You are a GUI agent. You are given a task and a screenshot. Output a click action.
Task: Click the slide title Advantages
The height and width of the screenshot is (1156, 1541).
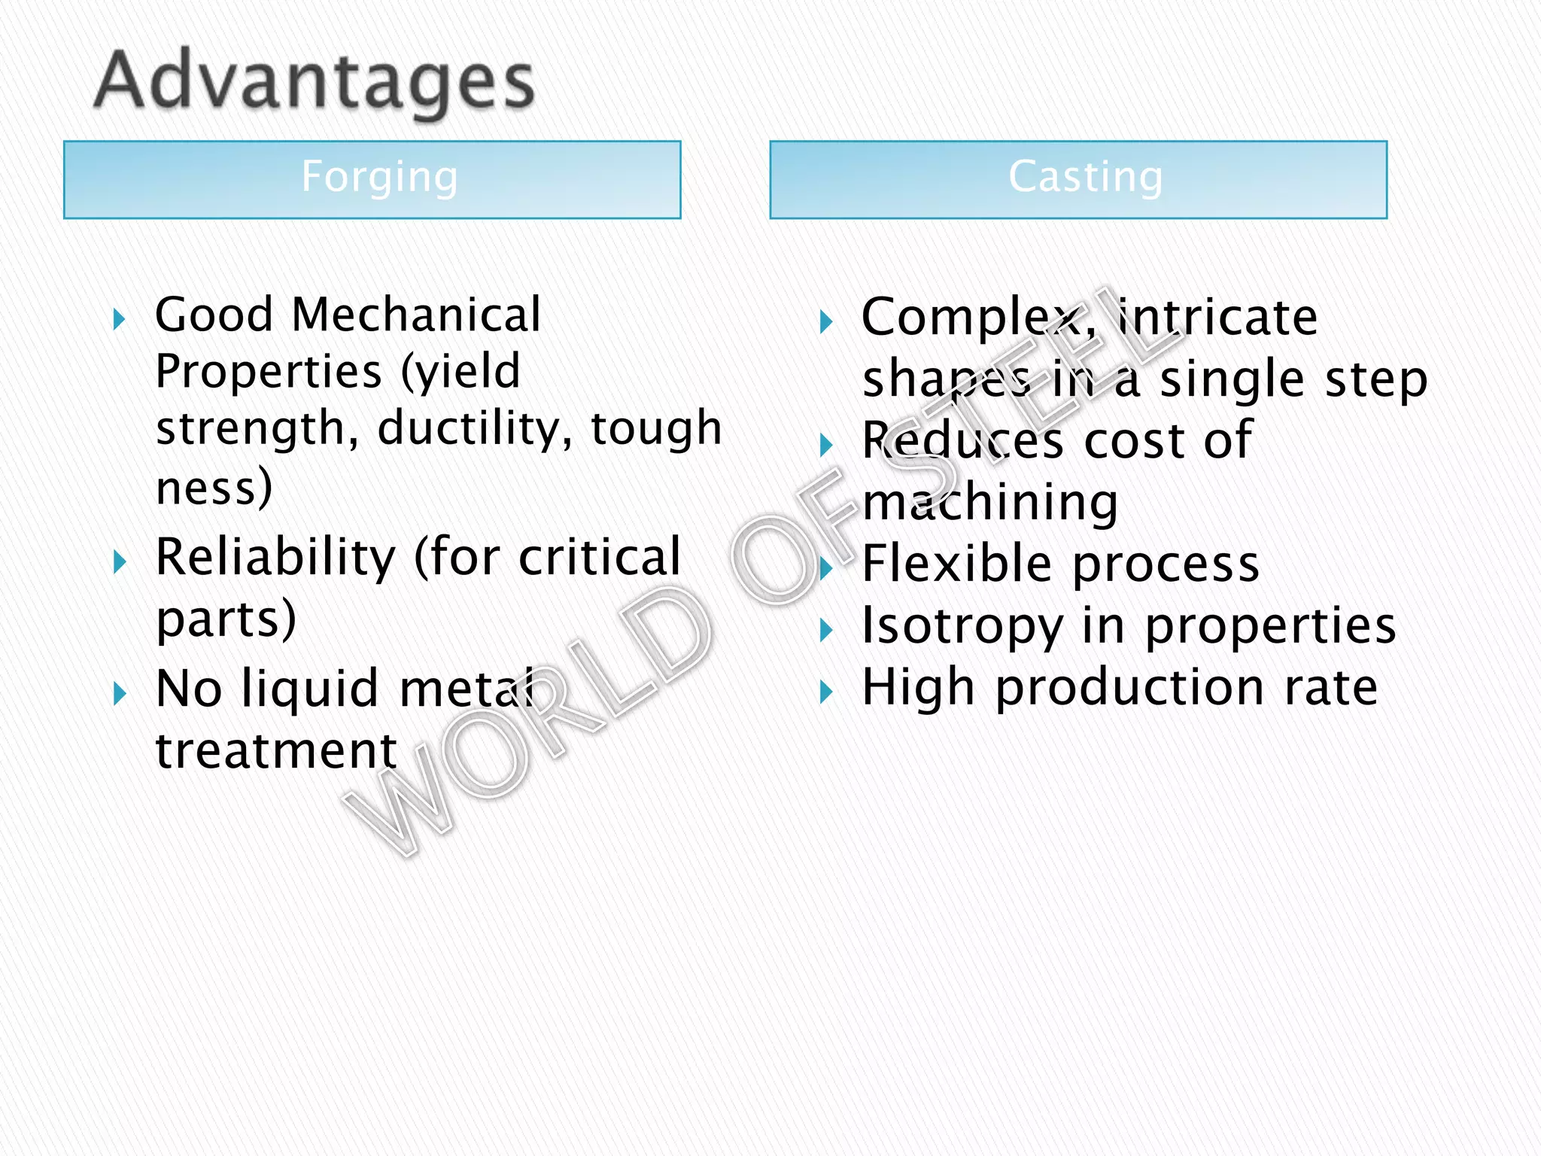point(315,81)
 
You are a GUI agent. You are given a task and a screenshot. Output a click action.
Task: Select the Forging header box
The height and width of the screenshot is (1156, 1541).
point(372,179)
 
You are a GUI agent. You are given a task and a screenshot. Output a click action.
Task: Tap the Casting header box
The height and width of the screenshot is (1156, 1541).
point(1078,179)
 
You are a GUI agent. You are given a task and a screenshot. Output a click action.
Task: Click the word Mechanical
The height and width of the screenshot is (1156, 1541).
point(416,315)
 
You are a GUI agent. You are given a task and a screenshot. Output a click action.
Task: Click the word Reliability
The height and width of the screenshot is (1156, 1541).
point(275,558)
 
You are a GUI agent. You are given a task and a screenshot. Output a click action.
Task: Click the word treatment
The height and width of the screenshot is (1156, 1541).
point(276,750)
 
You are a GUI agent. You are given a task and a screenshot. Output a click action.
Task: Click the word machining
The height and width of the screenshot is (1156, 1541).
point(990,503)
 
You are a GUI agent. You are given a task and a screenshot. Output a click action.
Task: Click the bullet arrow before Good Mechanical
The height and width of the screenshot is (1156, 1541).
point(119,320)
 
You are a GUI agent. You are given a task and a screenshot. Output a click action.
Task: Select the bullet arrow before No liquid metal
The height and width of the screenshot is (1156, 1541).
point(119,693)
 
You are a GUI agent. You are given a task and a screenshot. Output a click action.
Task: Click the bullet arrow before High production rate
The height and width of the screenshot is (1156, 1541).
point(826,692)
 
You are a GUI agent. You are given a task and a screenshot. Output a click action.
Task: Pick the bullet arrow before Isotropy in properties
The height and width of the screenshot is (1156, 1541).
point(826,630)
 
